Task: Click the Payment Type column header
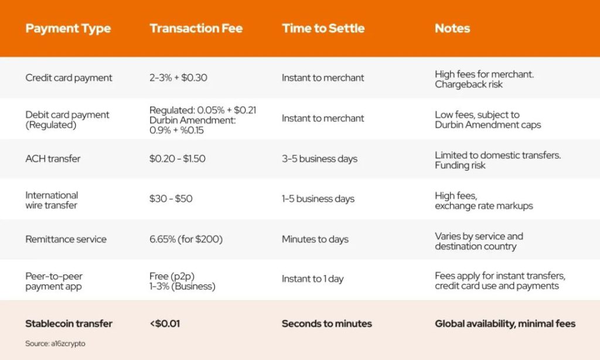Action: pos(68,29)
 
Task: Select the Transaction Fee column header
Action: pos(196,28)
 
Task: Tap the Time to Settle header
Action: pos(323,28)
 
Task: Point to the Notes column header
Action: pos(452,28)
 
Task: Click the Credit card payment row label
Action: pos(69,78)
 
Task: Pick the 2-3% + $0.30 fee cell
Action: pos(178,78)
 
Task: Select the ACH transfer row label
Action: pos(53,158)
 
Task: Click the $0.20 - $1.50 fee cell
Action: pos(178,158)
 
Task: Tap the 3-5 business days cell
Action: pos(319,158)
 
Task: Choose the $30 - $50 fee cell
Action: pos(171,199)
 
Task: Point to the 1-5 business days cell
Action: pos(318,199)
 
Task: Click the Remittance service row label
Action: pos(66,239)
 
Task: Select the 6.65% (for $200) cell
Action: pos(186,239)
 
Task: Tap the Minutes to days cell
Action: pos(315,239)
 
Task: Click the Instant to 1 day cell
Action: pos(313,279)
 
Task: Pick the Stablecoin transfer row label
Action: pos(69,324)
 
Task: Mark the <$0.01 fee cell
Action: pos(165,324)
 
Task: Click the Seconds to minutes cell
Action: pos(327,324)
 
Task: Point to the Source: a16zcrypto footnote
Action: pos(55,344)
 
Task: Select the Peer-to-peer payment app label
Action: pos(54,281)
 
